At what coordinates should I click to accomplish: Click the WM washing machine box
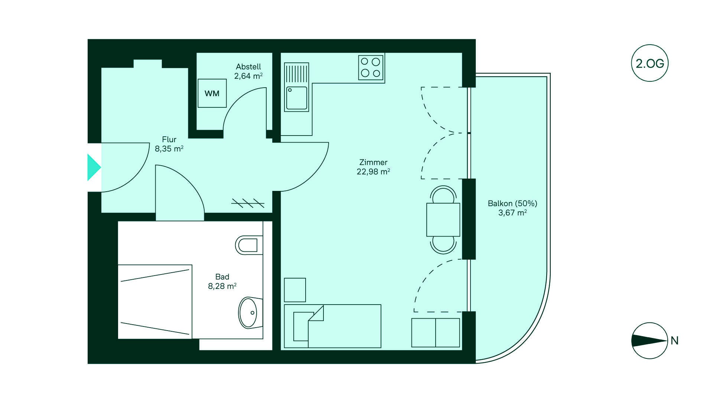(x=212, y=93)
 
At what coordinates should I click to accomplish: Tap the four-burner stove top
(x=371, y=68)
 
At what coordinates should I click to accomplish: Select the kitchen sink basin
(x=297, y=98)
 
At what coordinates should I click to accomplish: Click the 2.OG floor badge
(x=650, y=64)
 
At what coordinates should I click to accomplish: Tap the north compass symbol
(x=649, y=341)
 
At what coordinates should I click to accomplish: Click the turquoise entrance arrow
(x=94, y=167)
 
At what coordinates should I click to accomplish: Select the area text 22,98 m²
(x=373, y=172)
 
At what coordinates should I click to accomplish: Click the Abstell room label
(x=248, y=67)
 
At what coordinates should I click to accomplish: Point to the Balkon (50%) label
(x=512, y=204)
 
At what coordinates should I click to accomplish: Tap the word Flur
(x=169, y=140)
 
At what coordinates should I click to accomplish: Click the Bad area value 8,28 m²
(x=222, y=286)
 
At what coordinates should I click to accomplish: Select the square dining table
(x=443, y=220)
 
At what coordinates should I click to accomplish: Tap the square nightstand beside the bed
(x=295, y=290)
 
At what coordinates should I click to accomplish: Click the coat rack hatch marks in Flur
(x=248, y=203)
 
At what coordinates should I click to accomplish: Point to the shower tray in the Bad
(x=155, y=302)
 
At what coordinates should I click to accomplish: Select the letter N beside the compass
(x=674, y=341)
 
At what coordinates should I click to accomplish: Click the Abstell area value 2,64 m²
(x=248, y=76)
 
